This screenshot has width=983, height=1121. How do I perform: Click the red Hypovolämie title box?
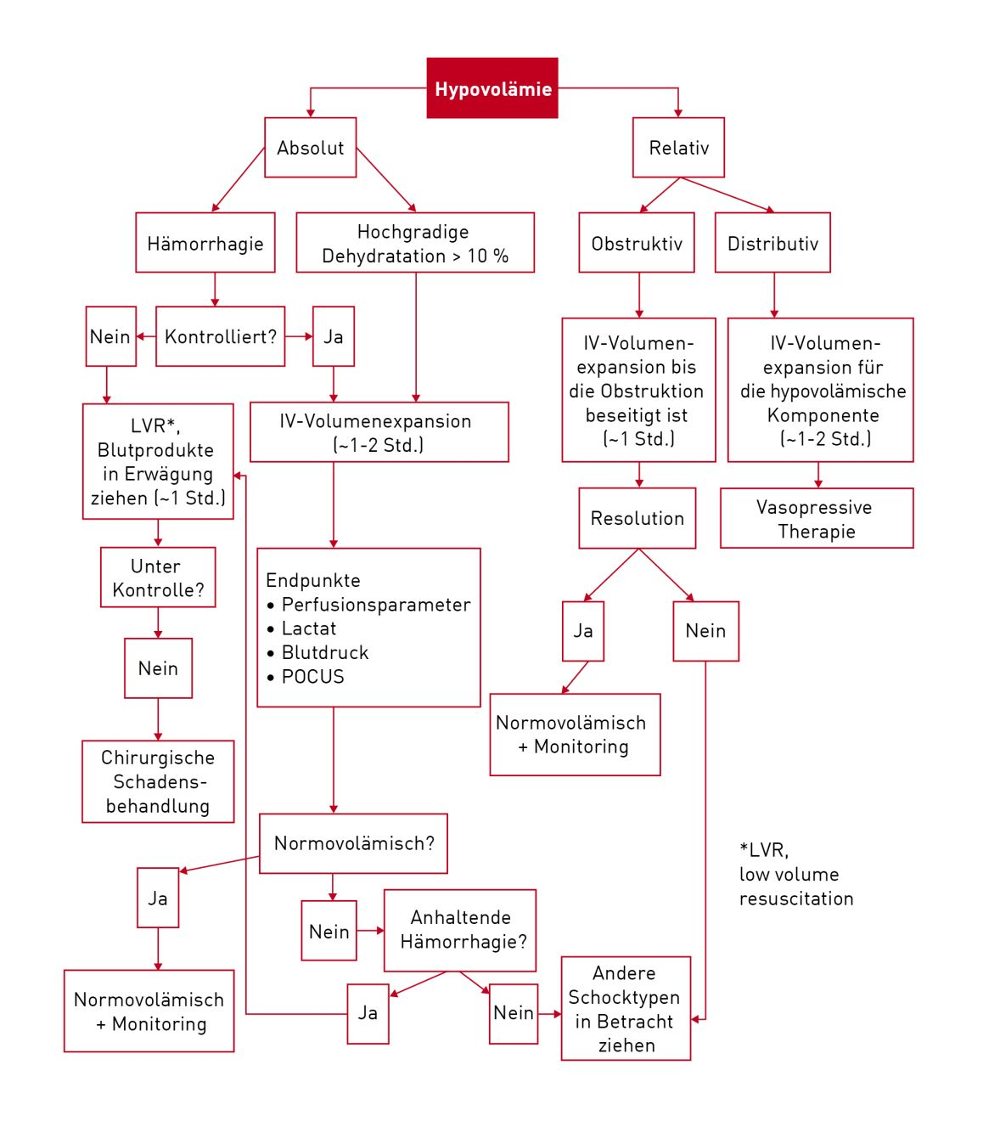click(x=492, y=88)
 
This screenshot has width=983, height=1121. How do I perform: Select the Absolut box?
click(x=310, y=148)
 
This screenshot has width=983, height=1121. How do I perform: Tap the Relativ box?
click(x=678, y=148)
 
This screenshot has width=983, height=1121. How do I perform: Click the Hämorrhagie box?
click(x=205, y=243)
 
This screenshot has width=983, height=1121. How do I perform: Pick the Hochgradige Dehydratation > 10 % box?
click(x=414, y=243)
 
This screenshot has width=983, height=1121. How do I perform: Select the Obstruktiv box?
click(x=637, y=243)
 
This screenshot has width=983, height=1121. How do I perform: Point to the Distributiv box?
click(x=772, y=243)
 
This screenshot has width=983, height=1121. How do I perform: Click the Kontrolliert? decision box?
click(x=220, y=336)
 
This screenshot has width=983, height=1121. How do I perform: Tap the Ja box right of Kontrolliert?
click(x=334, y=336)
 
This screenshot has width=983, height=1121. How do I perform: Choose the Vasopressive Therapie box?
click(x=817, y=518)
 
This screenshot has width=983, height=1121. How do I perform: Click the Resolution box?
click(x=637, y=518)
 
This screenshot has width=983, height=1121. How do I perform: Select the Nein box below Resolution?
click(x=705, y=631)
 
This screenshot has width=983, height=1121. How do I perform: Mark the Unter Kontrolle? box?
click(x=158, y=577)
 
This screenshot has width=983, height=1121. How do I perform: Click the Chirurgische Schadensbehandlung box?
click(x=158, y=781)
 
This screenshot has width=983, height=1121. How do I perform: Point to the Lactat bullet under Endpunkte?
click(x=308, y=628)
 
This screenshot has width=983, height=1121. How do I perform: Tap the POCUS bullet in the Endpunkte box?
click(x=312, y=677)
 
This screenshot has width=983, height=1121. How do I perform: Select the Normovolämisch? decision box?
click(x=353, y=843)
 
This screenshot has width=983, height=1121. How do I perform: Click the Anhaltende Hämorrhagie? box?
click(x=460, y=930)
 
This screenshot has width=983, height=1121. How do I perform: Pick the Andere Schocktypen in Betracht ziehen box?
click(x=626, y=1008)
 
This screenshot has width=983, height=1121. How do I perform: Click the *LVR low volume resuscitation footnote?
click(x=795, y=874)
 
